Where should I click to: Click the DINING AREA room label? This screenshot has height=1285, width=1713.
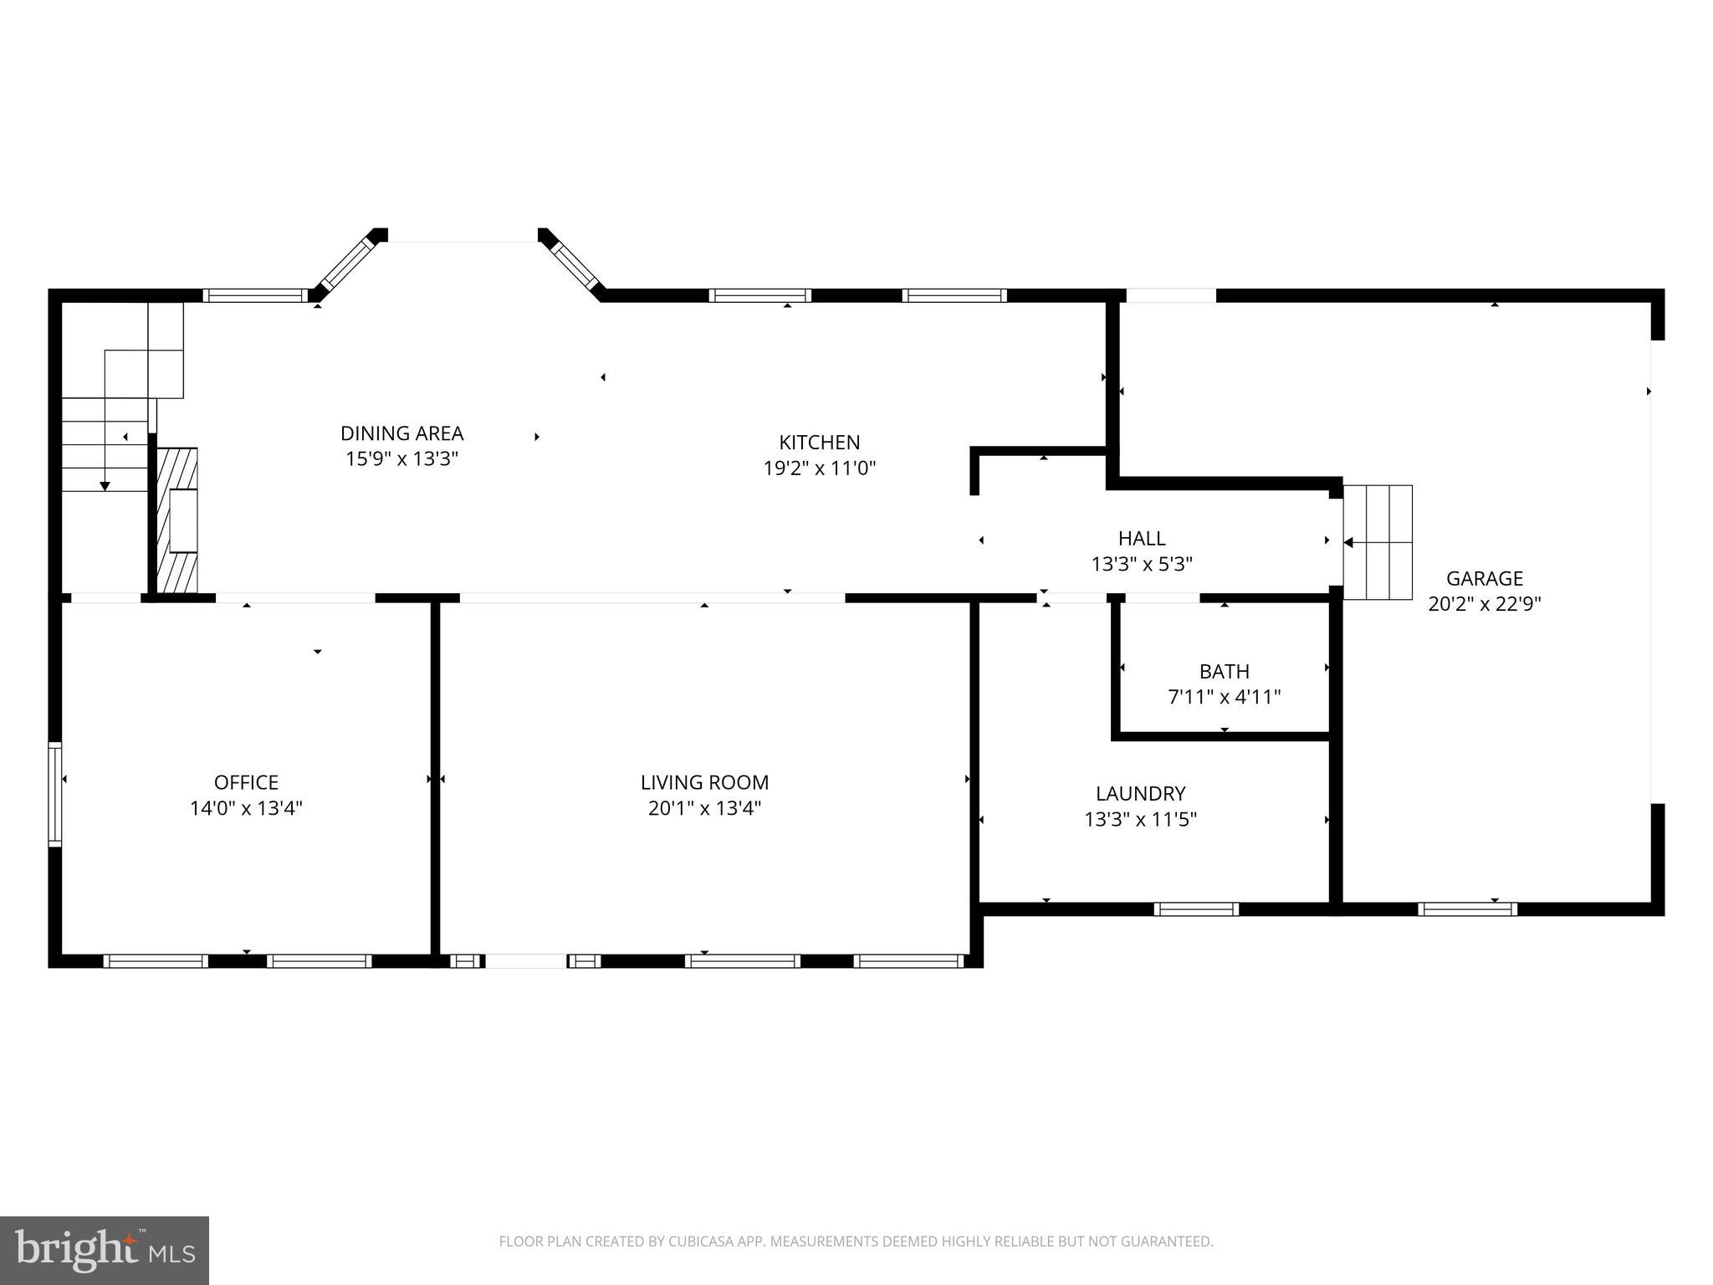(401, 433)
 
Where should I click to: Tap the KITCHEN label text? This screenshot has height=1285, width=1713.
(820, 442)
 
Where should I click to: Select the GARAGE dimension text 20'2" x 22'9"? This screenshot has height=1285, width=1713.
(1485, 604)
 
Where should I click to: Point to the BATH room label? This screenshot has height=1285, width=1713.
(1225, 671)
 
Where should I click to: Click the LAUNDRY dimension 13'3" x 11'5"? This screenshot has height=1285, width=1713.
(1141, 819)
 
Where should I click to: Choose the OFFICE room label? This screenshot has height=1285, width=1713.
(246, 782)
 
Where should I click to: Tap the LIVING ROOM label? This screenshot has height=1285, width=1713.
(704, 782)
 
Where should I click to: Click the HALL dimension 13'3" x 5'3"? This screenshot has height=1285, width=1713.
(1142, 565)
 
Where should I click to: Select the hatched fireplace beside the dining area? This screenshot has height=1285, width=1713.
(178, 520)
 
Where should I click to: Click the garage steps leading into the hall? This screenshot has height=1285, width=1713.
(1378, 542)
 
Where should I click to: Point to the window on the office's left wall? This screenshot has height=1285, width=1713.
(55, 793)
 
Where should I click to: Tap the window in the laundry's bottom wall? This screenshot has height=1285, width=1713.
(1196, 909)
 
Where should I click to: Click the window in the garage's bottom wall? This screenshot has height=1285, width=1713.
(1467, 909)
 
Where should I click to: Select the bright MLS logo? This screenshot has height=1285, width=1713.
(105, 1250)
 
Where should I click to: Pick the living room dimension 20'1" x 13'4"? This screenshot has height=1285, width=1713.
(704, 808)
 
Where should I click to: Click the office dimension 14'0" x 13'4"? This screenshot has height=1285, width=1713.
(246, 808)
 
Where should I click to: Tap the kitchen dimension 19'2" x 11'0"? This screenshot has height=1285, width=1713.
(820, 468)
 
